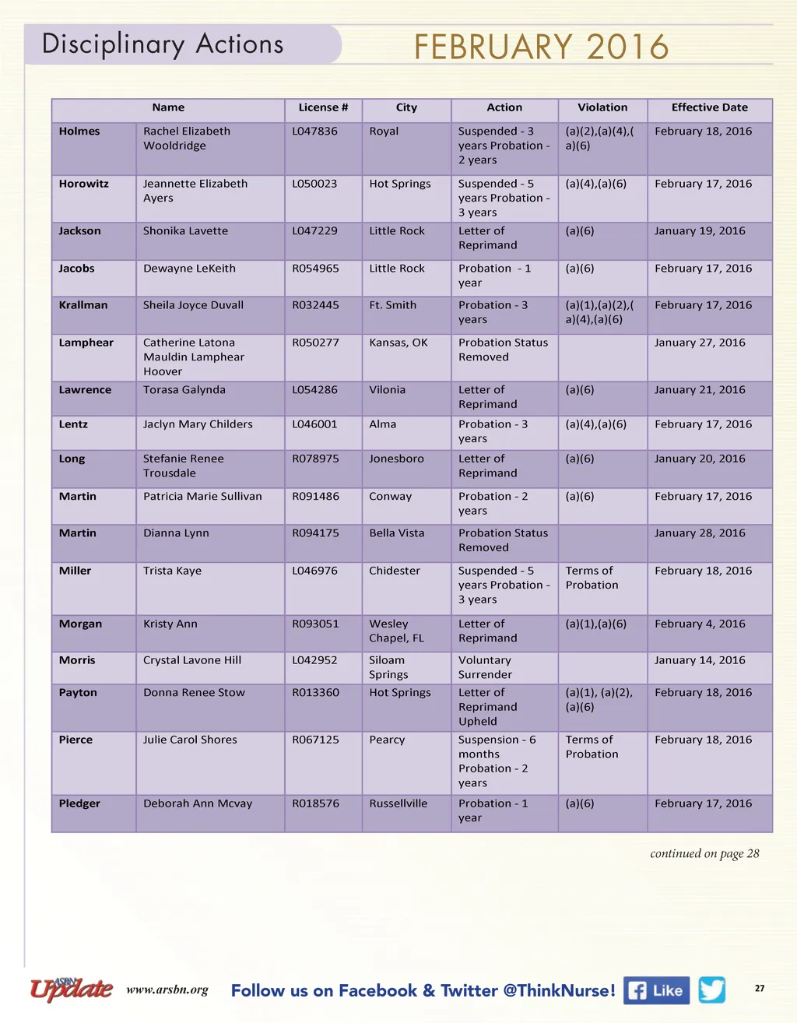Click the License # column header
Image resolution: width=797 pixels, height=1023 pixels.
pyautogui.click(x=323, y=107)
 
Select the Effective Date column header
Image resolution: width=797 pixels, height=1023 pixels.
pyautogui.click(x=709, y=107)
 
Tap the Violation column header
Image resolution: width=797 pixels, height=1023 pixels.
pyautogui.click(x=602, y=107)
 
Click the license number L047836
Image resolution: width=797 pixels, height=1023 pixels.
pyautogui.click(x=314, y=132)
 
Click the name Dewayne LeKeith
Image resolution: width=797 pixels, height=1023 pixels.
pyautogui.click(x=189, y=269)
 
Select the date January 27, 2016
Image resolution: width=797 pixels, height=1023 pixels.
pyautogui.click(x=700, y=343)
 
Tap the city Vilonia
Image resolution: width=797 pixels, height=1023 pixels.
pyautogui.click(x=387, y=390)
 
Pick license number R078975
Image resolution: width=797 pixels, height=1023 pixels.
pyautogui.click(x=315, y=459)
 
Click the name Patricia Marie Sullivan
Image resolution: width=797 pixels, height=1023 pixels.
pyautogui.click(x=202, y=496)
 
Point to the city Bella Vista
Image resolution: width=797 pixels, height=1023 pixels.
pyautogui.click(x=397, y=533)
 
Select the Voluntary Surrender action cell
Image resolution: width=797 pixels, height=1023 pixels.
pyautogui.click(x=485, y=667)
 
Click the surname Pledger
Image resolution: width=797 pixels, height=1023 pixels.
pyautogui.click(x=79, y=803)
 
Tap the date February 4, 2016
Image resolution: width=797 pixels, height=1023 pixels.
pyautogui.click(x=700, y=624)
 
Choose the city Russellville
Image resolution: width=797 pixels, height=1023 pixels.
pyautogui.click(x=398, y=803)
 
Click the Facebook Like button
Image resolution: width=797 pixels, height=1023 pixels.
pyautogui.click(x=657, y=990)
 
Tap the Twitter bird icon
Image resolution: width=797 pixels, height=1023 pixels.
pyautogui.click(x=711, y=990)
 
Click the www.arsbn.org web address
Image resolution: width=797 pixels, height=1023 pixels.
pyautogui.click(x=167, y=990)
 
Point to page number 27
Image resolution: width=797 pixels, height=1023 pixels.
pyautogui.click(x=760, y=988)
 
